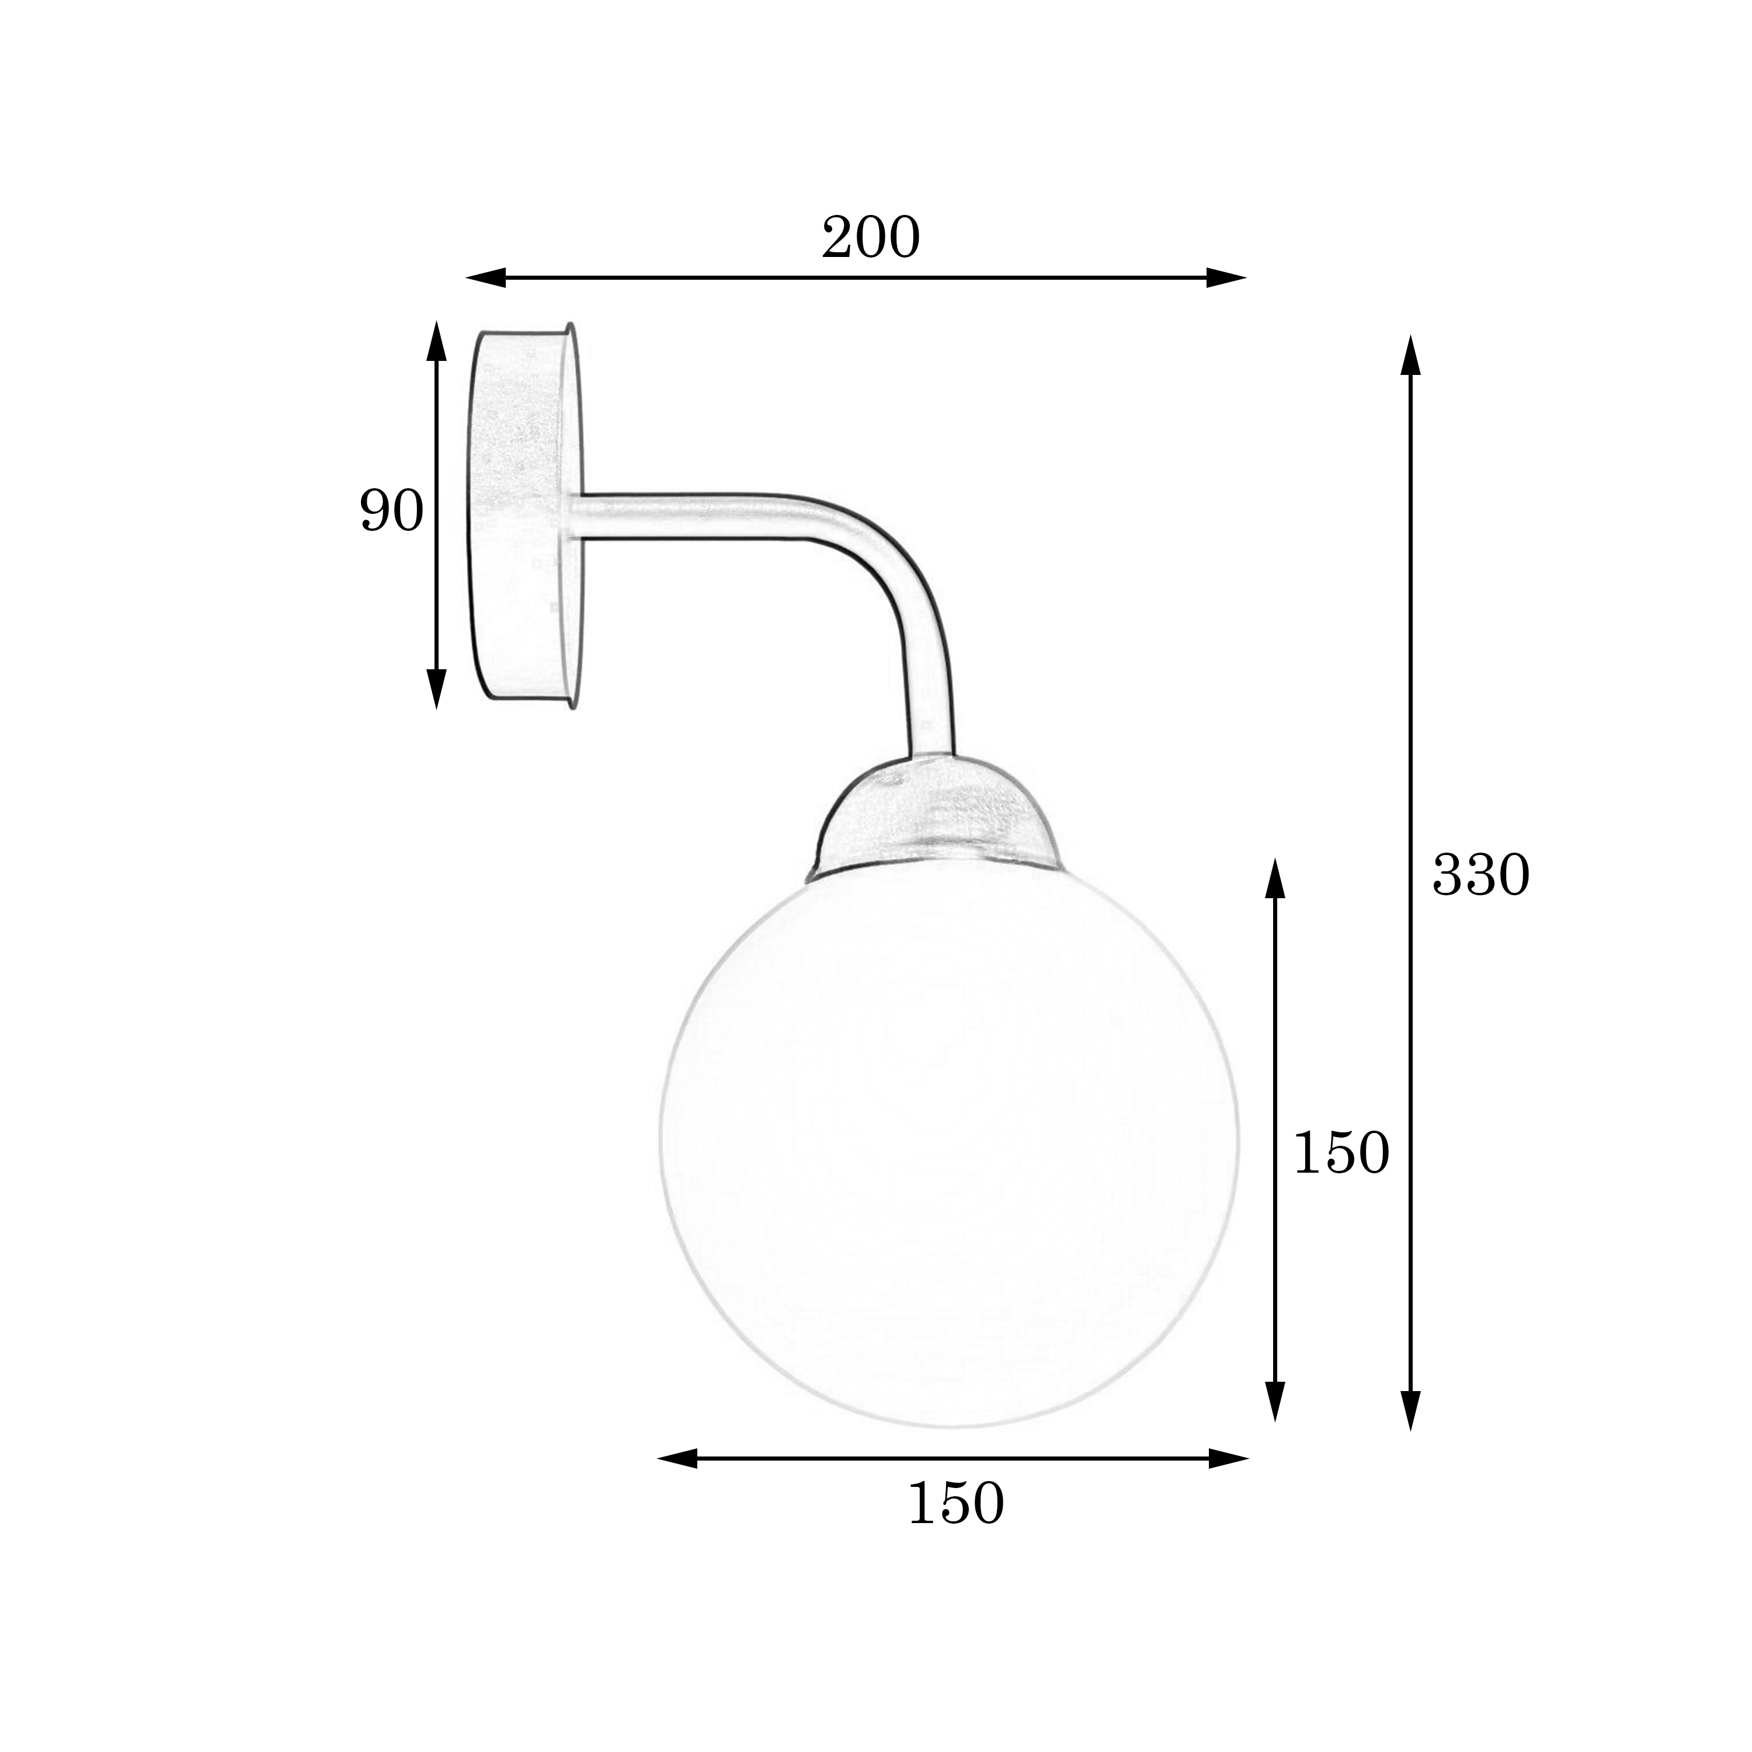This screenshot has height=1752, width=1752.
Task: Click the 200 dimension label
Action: click(871, 238)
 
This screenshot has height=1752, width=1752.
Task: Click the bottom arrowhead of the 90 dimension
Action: click(437, 689)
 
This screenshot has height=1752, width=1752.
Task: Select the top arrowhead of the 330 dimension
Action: click(1410, 354)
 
